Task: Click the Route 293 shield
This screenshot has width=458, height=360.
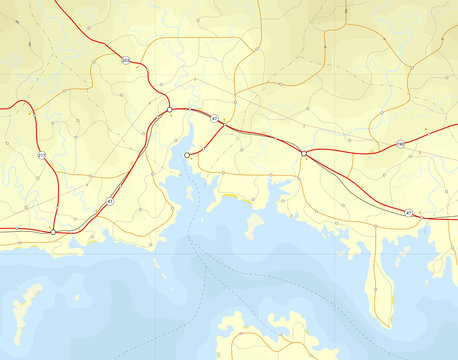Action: (126, 61)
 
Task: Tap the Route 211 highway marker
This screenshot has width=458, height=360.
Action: (41, 156)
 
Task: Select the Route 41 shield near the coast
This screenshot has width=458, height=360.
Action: (109, 202)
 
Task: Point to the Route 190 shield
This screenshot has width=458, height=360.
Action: (398, 144)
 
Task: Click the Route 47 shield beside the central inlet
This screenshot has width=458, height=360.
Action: (215, 120)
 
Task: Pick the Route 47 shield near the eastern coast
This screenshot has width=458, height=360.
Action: (408, 213)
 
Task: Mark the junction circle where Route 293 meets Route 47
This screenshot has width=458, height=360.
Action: (170, 109)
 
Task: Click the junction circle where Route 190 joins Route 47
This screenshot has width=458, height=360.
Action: (303, 153)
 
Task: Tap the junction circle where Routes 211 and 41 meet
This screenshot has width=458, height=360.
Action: (53, 230)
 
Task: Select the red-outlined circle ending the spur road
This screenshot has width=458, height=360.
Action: (187, 155)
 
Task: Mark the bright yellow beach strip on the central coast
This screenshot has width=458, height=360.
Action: (236, 197)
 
